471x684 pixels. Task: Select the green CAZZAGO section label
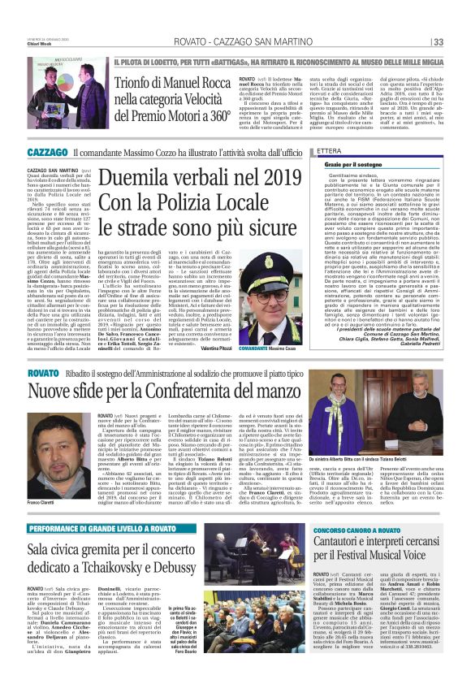pos(47,152)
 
